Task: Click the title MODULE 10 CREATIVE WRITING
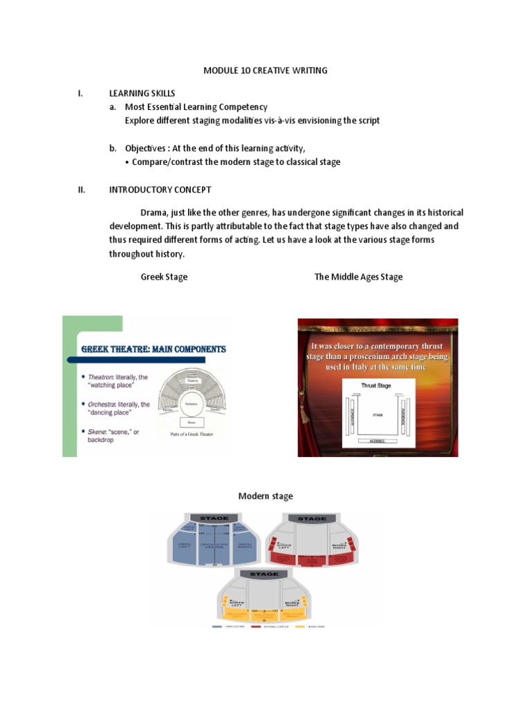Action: point(265,70)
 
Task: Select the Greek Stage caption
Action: point(164,277)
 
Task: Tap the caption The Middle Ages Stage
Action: point(358,277)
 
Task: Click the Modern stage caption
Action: point(265,496)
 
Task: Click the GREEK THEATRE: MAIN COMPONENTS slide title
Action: point(153,349)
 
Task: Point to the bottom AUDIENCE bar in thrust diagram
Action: point(378,440)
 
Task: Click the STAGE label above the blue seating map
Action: point(214,519)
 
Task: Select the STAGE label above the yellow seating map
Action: point(264,574)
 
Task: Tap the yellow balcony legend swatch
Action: point(299,626)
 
